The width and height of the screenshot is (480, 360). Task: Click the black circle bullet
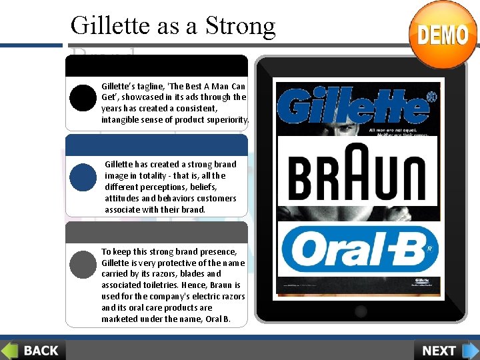pyautogui.click(x=83, y=98)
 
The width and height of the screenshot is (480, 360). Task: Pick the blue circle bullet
pyautogui.click(x=83, y=177)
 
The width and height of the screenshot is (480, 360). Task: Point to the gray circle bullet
pyautogui.click(x=83, y=263)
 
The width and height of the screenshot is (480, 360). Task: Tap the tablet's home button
pyautogui.click(x=361, y=311)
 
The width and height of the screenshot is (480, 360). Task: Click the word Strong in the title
pyautogui.click(x=240, y=25)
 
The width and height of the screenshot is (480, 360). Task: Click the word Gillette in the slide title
pyautogui.click(x=109, y=25)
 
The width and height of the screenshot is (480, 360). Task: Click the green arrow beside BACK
pyautogui.click(x=9, y=350)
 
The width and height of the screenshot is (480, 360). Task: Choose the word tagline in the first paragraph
pyautogui.click(x=150, y=86)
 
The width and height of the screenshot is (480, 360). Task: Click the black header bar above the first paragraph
pyautogui.click(x=157, y=65)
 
